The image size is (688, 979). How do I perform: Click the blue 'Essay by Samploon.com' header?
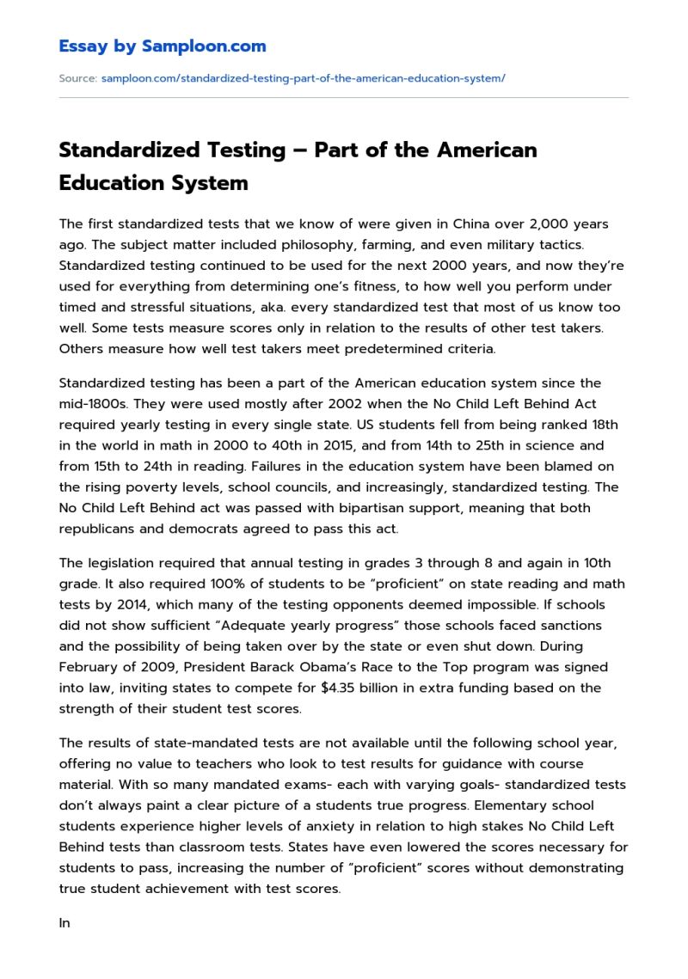163,46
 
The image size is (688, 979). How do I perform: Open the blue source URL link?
303,78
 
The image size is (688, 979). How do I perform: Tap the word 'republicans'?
97,529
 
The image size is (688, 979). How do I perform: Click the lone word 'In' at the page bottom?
64,923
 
